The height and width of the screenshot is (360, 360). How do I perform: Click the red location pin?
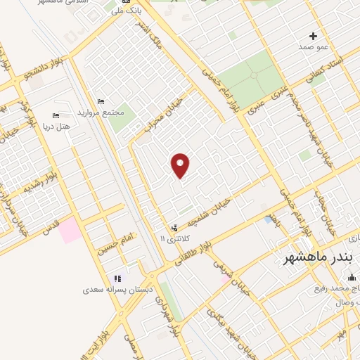click(181, 165)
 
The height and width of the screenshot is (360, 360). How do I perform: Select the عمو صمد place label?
click(314, 46)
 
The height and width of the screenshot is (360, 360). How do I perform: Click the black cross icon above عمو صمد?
click(314, 35)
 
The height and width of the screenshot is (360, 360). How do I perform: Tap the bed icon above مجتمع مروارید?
click(101, 102)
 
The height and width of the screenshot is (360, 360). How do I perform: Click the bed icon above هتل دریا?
click(56, 115)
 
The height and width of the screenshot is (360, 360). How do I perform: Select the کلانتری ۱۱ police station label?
click(174, 239)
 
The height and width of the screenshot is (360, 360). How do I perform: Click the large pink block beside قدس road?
click(70, 230)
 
